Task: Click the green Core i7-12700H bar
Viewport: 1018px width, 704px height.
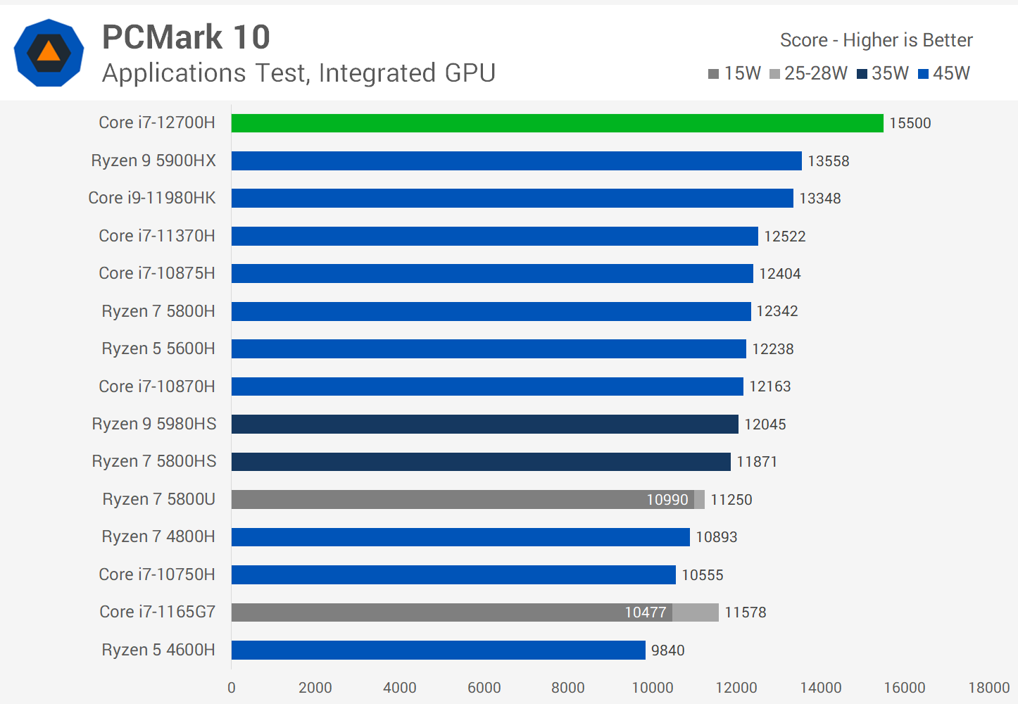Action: pos(557,123)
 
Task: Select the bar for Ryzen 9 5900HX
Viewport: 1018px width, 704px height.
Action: pos(516,161)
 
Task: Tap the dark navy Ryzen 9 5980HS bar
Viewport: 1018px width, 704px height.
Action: pos(484,424)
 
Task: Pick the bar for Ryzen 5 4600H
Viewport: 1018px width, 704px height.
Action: pos(438,650)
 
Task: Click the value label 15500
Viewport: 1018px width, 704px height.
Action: pos(910,123)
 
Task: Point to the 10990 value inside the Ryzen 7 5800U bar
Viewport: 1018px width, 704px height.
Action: pos(667,500)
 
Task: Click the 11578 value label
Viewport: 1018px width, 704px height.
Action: pos(745,612)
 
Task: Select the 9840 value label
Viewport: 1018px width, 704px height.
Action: pos(667,650)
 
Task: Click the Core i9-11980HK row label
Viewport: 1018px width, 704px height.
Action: pos(152,198)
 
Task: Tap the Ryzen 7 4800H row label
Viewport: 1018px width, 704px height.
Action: pos(158,536)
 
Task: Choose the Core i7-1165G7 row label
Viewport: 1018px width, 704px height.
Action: pos(157,612)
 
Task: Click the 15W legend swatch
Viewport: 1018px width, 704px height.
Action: pos(713,74)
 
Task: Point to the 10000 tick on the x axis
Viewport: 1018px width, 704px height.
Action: pos(653,688)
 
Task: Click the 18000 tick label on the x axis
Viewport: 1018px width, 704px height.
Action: pos(989,688)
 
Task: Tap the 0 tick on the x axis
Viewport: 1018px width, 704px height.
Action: pos(232,688)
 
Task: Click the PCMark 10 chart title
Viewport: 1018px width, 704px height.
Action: pos(186,37)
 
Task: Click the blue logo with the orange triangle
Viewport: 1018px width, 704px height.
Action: pos(49,53)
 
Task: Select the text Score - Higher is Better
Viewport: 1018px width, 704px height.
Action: pos(876,40)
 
